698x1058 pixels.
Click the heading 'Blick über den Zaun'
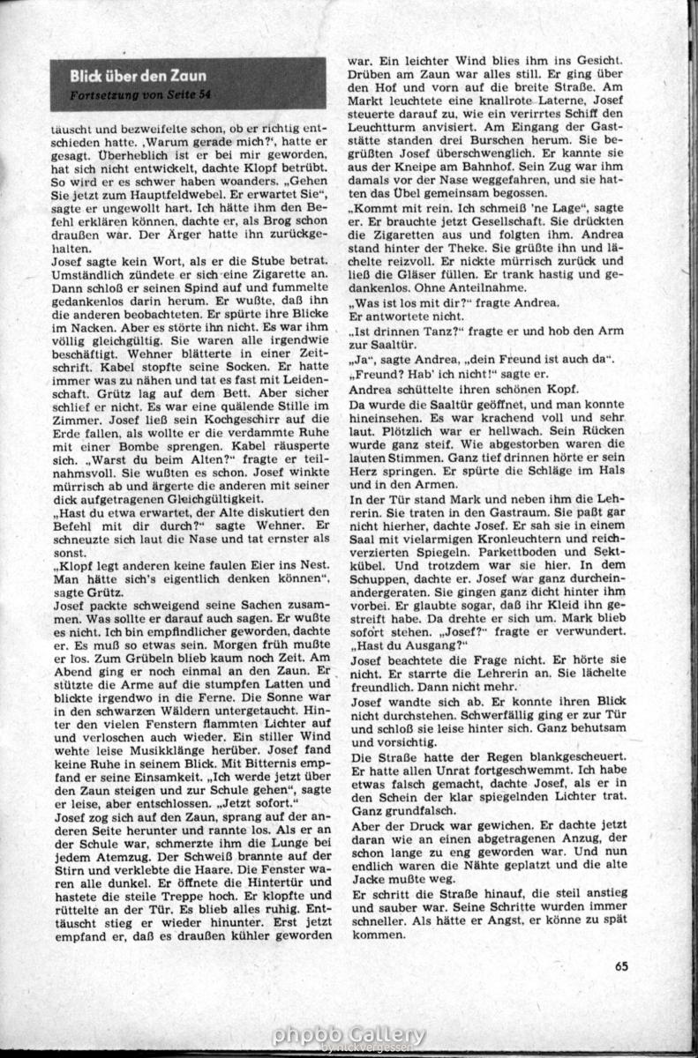139,76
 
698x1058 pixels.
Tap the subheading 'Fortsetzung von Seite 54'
141,94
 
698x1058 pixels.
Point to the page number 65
622,965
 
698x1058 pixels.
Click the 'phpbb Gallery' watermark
349,1035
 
